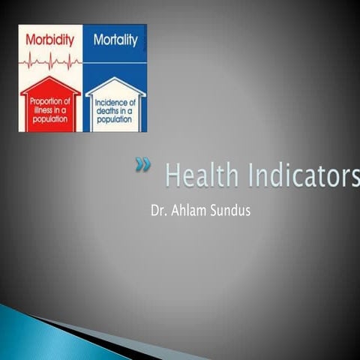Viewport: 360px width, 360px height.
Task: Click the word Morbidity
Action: [49, 40]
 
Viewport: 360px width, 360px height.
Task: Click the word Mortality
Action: [115, 40]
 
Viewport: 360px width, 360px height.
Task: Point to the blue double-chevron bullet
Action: [142, 166]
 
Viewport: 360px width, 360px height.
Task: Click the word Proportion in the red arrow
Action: [50, 101]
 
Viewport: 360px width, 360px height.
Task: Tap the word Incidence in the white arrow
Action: [115, 101]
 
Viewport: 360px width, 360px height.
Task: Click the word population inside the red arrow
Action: [50, 118]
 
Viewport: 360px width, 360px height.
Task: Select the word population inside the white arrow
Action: [115, 118]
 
